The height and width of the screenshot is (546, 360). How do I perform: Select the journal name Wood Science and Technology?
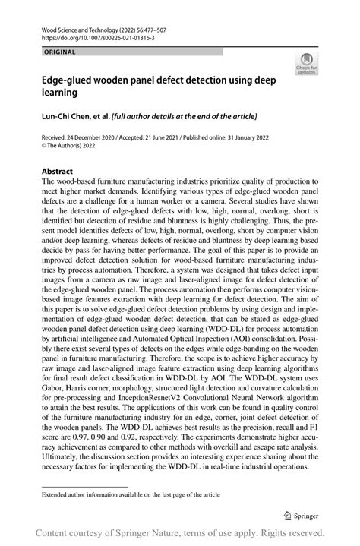click(82, 27)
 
